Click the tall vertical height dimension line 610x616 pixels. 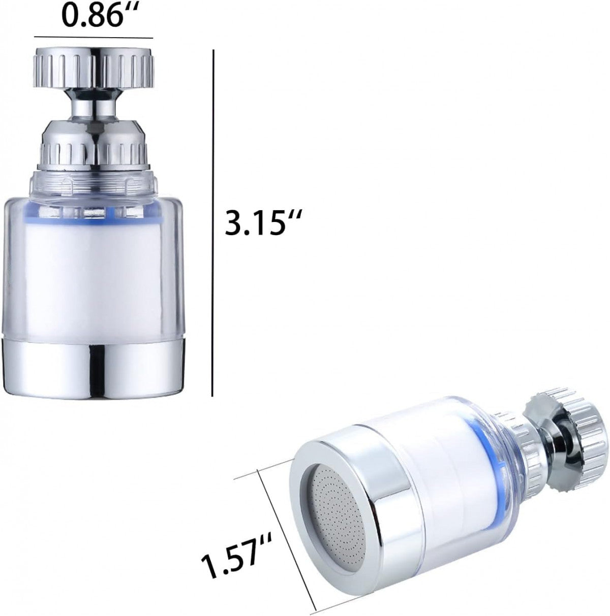[213, 223]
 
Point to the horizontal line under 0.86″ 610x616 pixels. [94, 38]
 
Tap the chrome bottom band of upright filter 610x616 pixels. [94, 366]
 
